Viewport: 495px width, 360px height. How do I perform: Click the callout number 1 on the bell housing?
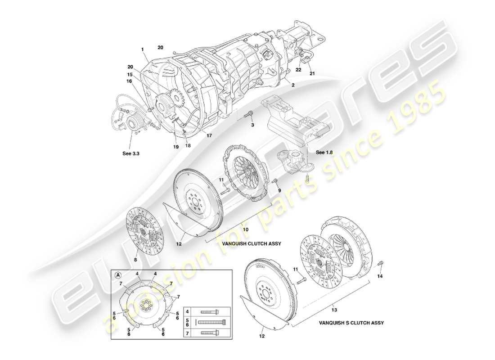tap(143, 49)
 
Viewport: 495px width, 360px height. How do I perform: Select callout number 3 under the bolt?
tap(252, 124)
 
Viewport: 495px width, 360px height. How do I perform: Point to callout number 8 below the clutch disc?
tap(135, 260)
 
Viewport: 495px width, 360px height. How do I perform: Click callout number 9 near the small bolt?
tap(279, 190)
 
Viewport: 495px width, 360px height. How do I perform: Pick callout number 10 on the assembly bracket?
tap(245, 229)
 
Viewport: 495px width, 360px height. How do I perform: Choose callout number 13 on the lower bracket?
tap(334, 310)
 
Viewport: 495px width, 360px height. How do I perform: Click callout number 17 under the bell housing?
tap(208, 135)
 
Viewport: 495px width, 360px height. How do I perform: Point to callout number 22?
tap(298, 70)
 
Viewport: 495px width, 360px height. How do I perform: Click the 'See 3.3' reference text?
tap(131, 153)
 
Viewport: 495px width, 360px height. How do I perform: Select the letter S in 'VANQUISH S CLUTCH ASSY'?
tap(347, 323)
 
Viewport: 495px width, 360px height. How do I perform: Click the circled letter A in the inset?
tap(118, 276)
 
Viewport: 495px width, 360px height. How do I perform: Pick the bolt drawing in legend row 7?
tap(210, 333)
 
